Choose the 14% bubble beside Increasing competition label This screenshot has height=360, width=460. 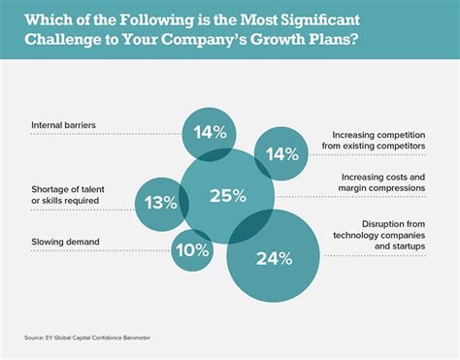click(280, 153)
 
